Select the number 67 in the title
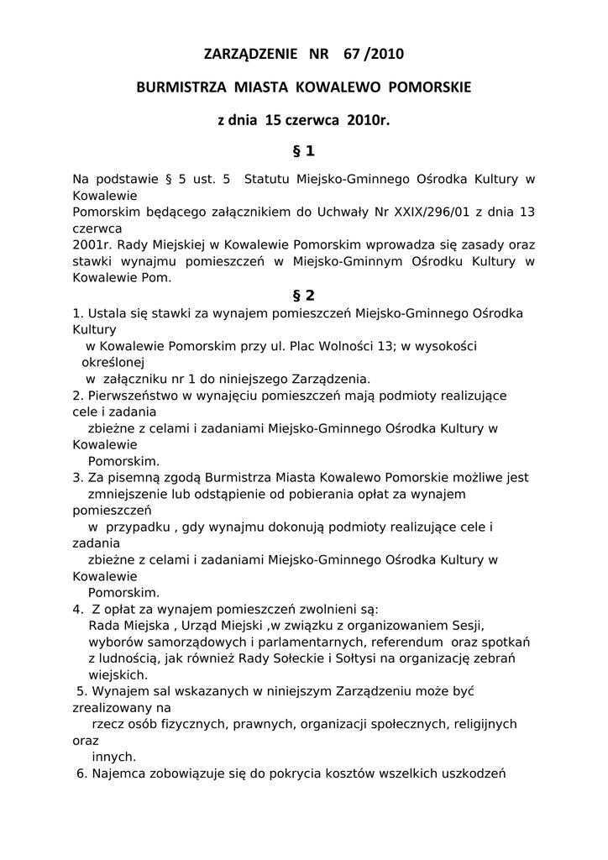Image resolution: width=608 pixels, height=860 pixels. pyautogui.click(x=352, y=55)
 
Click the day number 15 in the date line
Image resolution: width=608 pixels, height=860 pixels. pyautogui.click(x=272, y=120)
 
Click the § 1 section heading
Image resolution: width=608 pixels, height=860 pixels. pyautogui.click(x=303, y=151)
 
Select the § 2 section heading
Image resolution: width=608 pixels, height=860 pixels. pyautogui.click(x=303, y=295)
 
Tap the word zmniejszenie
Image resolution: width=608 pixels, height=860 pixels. pyautogui.click(x=127, y=494)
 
